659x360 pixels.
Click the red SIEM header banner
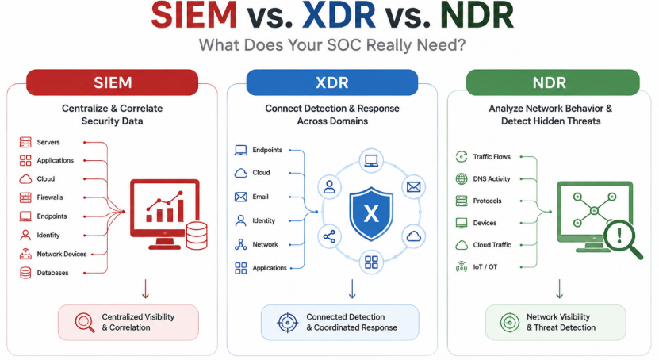[113, 82]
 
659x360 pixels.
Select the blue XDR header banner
[332, 82]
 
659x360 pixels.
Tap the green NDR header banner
[553, 82]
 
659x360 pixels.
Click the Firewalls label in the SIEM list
[50, 197]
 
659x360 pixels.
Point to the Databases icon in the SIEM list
[25, 273]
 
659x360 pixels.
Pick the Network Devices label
[62, 255]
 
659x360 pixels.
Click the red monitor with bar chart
[165, 214]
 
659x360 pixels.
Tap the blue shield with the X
[371, 213]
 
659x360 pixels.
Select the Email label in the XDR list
[261, 197]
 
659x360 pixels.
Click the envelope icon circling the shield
[413, 187]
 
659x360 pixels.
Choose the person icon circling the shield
[330, 187]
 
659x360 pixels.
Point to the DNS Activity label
[492, 179]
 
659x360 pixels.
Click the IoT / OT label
[485, 266]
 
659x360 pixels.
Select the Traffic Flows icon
[462, 157]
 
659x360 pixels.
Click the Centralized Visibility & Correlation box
[128, 323]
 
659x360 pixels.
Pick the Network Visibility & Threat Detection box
[556, 323]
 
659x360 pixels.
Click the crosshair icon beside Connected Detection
[288, 323]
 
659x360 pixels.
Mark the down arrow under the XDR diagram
[352, 289]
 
